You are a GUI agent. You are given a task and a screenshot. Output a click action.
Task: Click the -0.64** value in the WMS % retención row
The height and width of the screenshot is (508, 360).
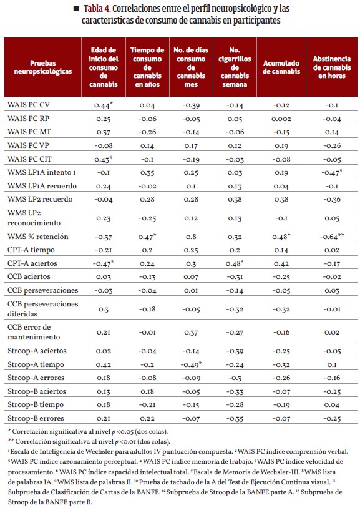click(x=332, y=237)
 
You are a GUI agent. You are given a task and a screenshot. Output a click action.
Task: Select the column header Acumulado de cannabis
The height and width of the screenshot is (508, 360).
click(x=281, y=67)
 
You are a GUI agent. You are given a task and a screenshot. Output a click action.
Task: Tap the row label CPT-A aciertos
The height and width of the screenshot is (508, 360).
click(x=32, y=263)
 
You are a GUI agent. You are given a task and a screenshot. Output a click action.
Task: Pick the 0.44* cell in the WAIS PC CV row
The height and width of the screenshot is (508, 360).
click(x=104, y=105)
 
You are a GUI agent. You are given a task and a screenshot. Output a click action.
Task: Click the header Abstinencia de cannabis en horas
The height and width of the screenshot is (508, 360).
click(x=332, y=67)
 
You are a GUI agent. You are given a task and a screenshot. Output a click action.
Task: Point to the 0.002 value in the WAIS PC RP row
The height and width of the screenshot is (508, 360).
click(x=281, y=119)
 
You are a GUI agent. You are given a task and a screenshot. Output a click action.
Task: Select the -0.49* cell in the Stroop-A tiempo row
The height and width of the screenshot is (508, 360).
click(x=191, y=364)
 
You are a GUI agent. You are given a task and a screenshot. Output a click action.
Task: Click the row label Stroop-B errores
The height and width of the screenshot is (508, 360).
click(x=36, y=418)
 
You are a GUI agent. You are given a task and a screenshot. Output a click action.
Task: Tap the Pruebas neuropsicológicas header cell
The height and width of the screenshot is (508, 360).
click(x=43, y=67)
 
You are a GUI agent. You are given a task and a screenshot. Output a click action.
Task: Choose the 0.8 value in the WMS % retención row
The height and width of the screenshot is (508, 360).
click(x=191, y=237)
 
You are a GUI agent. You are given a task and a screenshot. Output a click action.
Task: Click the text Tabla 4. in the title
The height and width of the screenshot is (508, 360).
click(x=97, y=8)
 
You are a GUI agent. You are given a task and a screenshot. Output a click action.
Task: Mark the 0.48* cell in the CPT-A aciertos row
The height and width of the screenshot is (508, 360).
click(x=235, y=264)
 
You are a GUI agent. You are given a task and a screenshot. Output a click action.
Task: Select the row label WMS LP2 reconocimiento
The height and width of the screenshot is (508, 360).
click(x=34, y=218)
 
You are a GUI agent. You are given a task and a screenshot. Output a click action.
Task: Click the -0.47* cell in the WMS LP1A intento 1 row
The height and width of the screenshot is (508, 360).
click(x=332, y=173)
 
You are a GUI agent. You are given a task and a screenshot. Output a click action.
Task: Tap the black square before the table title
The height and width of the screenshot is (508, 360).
click(x=77, y=8)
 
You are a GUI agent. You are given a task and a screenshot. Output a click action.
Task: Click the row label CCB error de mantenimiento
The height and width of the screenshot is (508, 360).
click(x=34, y=332)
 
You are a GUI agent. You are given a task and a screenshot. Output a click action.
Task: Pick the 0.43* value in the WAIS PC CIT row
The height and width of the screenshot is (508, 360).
click(x=104, y=159)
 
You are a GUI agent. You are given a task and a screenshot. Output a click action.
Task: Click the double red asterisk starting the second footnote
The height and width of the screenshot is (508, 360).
click(x=11, y=441)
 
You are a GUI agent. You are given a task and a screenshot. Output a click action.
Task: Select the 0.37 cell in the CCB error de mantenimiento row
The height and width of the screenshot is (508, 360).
click(x=191, y=333)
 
